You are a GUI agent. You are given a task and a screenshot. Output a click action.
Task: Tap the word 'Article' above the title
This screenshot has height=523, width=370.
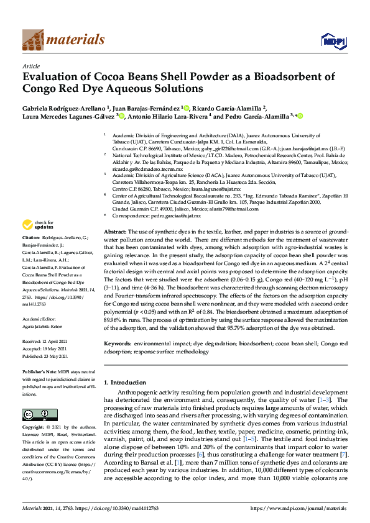click(x=30, y=65)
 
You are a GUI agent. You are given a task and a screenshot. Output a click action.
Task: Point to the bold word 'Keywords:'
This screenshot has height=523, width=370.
click(x=118, y=343)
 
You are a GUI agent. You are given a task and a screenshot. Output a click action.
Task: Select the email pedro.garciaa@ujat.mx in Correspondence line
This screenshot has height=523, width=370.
click(x=172, y=216)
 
